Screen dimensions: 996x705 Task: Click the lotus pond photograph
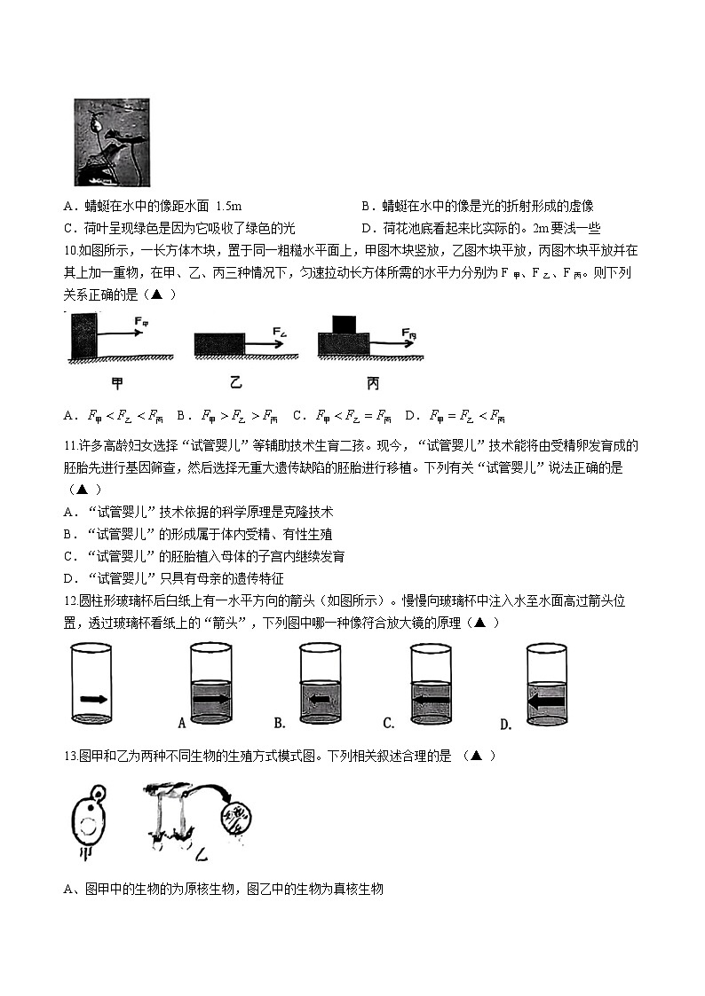click(111, 142)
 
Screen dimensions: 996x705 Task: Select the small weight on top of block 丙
click(344, 324)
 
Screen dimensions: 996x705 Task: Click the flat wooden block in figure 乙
click(219, 344)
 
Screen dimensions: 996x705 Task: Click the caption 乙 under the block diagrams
click(235, 383)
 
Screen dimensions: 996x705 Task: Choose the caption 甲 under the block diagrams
click(117, 383)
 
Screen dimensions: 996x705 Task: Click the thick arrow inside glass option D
click(547, 701)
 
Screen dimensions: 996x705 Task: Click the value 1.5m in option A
click(229, 206)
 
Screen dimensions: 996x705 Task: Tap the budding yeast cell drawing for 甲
click(90, 820)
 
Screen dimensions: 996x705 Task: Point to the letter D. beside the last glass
click(505, 725)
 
